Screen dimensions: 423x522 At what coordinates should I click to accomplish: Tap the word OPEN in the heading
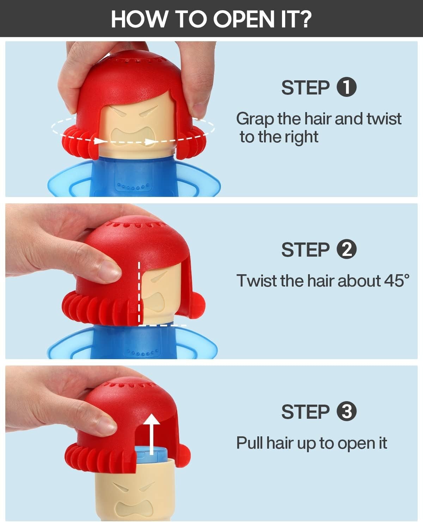coord(244,19)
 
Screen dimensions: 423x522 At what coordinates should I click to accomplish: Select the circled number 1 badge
coord(347,87)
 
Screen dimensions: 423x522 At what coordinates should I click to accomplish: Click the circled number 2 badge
coord(347,249)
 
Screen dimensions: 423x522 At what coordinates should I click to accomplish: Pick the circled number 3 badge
coord(347,411)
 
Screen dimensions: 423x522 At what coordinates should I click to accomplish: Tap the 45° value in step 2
coord(397,281)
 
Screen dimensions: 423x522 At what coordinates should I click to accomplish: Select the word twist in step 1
coord(384,119)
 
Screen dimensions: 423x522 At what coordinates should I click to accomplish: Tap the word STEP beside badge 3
coord(305,412)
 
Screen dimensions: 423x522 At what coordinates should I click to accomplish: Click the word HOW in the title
coord(139,19)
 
